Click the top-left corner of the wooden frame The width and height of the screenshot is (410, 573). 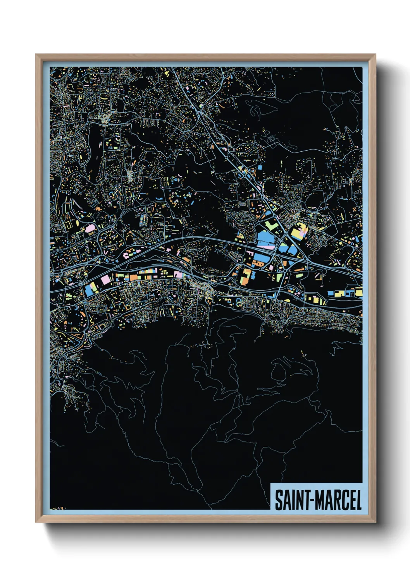coord(36,55)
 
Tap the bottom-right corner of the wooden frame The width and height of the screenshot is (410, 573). coord(375,522)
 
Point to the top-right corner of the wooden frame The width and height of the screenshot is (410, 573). coord(375,55)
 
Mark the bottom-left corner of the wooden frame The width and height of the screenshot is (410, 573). coord(36,522)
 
